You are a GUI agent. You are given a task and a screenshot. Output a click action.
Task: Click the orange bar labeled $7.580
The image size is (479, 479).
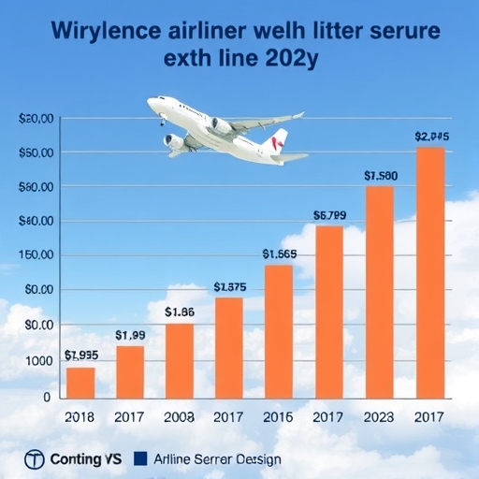[x=379, y=291]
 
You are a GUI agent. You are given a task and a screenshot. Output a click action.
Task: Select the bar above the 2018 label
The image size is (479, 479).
[x=80, y=382]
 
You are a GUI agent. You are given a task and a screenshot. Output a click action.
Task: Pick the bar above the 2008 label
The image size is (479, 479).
[x=180, y=360]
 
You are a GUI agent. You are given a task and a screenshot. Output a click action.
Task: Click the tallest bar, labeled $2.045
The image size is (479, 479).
[x=429, y=271]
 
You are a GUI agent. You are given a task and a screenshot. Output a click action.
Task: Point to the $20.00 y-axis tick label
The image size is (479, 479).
[x=36, y=119]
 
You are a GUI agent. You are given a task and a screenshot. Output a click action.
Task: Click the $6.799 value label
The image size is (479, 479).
[x=328, y=215]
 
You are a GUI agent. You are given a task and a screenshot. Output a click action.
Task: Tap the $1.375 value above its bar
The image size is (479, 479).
[x=229, y=287]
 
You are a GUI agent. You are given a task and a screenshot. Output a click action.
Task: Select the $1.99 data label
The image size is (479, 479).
[x=130, y=335]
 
